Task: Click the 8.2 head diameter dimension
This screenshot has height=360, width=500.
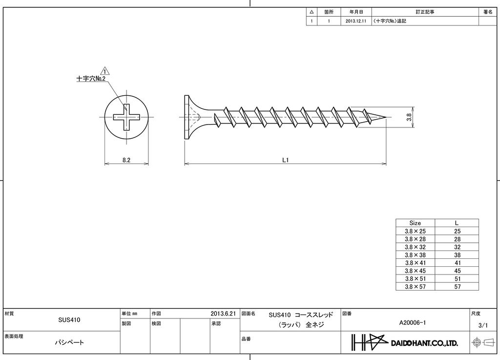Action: (x=126, y=160)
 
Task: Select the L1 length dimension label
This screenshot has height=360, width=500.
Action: (x=286, y=160)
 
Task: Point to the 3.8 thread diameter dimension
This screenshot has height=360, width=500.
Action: (x=409, y=118)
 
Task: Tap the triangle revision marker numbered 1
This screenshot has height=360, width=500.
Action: (x=104, y=71)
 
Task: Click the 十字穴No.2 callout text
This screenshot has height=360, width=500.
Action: (x=91, y=79)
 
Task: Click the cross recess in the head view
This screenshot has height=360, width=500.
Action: (x=126, y=117)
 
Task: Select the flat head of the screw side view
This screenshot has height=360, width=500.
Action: (x=187, y=117)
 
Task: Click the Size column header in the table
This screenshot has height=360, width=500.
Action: (x=415, y=223)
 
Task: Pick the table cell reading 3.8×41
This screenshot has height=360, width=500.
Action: (x=415, y=263)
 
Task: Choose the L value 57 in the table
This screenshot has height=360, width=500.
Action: (x=457, y=287)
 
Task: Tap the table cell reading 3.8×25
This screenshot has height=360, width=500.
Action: (x=415, y=231)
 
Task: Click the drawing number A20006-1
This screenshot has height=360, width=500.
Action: (x=413, y=322)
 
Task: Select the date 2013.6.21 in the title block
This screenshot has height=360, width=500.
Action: (x=223, y=314)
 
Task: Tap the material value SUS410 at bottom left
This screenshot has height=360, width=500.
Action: (x=69, y=320)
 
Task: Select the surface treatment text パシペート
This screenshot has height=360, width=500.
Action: (x=69, y=342)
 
